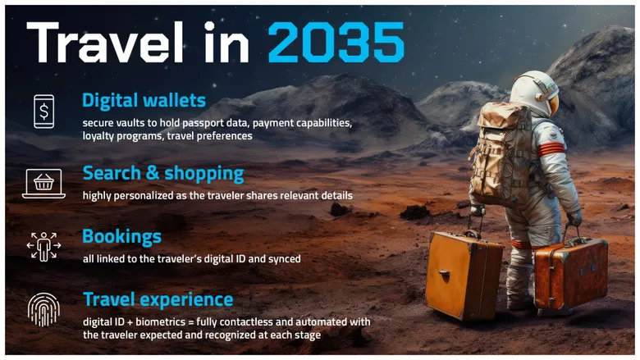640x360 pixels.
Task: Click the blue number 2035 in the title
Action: pos(336,43)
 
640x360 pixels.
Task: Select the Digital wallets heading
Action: pos(144,100)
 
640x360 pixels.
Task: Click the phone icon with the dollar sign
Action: pos(43,112)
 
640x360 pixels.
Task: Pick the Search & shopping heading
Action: pos(163,174)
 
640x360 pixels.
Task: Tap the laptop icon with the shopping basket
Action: pos(43,184)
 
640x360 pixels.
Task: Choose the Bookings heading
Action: pos(121,237)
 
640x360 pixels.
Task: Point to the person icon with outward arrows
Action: pos(43,246)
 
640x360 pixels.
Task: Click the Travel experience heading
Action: pos(158,299)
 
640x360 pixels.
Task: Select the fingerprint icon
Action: pos(43,310)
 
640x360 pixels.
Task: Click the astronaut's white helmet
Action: pos(535,93)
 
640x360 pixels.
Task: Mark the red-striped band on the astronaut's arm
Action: pos(551,148)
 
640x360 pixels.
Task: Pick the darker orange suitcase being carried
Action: pos(571,273)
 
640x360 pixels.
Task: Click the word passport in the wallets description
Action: pos(202,123)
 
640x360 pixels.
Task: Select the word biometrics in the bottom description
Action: pos(160,322)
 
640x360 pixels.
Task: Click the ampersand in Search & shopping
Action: pos(153,173)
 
